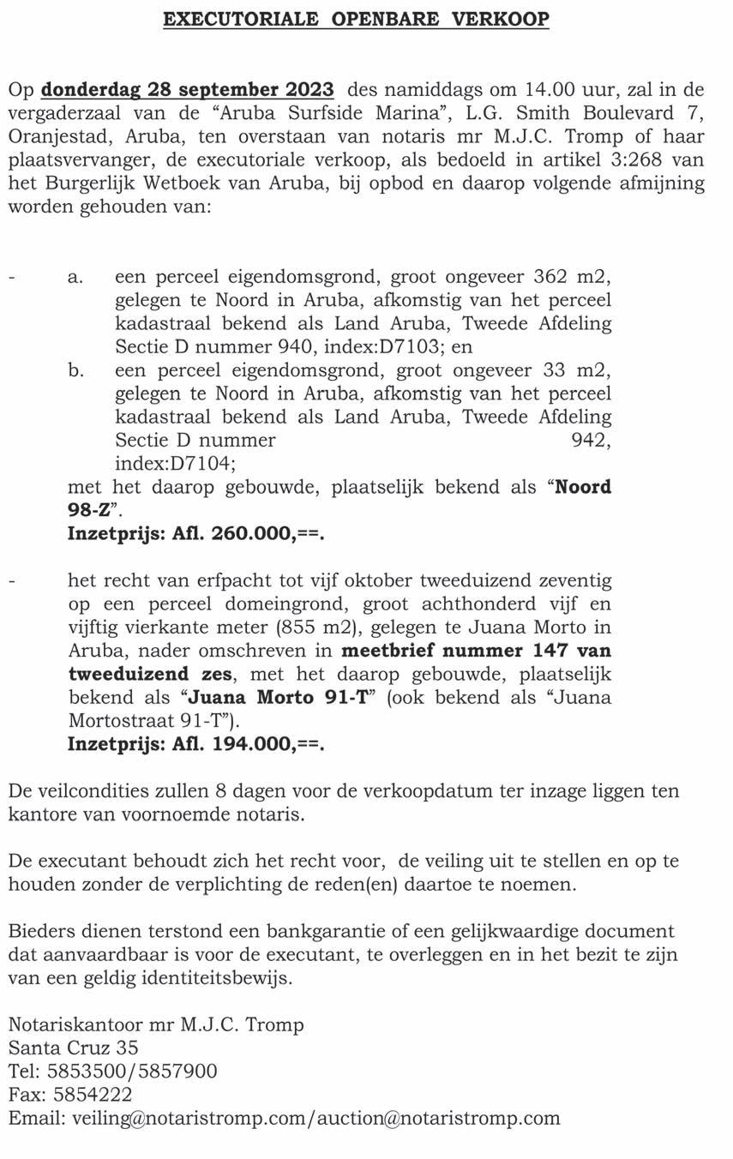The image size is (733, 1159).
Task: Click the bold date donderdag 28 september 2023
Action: [x=189, y=89]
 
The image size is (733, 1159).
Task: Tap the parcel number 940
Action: [x=322, y=346]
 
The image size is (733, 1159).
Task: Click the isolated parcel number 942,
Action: [x=591, y=440]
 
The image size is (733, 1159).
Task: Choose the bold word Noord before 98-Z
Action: [x=584, y=487]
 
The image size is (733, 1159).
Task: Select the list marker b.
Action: [x=75, y=369]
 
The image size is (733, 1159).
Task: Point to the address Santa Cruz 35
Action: [x=74, y=1048]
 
